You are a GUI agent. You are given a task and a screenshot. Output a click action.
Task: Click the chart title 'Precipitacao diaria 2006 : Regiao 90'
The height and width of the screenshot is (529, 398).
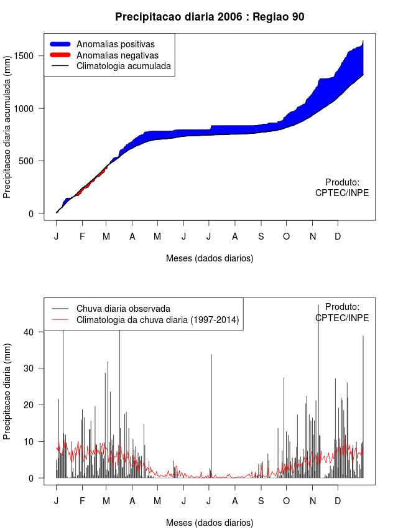click(210, 17)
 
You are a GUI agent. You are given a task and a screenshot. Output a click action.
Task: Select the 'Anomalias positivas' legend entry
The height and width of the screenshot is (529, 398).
click(115, 44)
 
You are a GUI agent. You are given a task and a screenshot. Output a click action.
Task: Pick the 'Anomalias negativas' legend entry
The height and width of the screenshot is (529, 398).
click(117, 55)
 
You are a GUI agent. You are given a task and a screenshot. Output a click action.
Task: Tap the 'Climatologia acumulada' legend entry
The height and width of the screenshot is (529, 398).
click(123, 66)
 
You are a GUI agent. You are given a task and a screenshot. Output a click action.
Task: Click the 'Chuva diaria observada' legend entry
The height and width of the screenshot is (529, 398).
click(123, 309)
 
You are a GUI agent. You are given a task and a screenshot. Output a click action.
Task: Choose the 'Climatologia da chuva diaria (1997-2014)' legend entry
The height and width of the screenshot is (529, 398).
click(157, 320)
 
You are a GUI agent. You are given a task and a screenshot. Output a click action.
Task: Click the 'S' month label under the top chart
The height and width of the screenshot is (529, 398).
click(261, 236)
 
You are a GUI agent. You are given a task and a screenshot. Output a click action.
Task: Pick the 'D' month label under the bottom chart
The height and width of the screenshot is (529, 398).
click(338, 501)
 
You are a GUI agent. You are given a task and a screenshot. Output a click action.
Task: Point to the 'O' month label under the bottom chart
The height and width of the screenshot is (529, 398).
click(286, 501)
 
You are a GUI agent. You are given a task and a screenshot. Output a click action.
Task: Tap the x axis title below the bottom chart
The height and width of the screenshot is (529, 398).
click(210, 523)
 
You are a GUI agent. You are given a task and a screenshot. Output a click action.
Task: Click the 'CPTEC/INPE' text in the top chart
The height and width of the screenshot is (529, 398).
click(342, 193)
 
